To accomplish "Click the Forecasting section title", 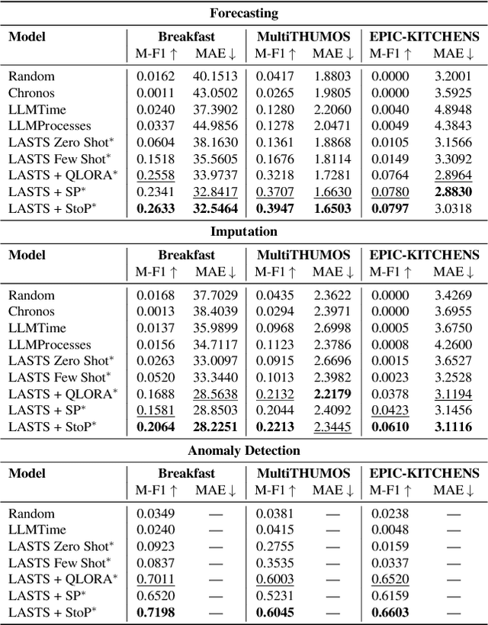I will [244, 13].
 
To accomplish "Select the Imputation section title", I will [244, 230].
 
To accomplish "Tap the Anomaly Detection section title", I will [244, 450].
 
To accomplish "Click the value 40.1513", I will [216, 76].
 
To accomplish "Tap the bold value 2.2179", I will [333, 394].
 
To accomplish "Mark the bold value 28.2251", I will [216, 427].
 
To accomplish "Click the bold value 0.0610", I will [390, 427].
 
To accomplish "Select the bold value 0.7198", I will [156, 613].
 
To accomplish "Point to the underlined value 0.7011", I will [156, 579].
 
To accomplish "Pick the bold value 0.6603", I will [390, 613].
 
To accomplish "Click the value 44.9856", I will [216, 126].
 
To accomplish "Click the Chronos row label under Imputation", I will [31, 311].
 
